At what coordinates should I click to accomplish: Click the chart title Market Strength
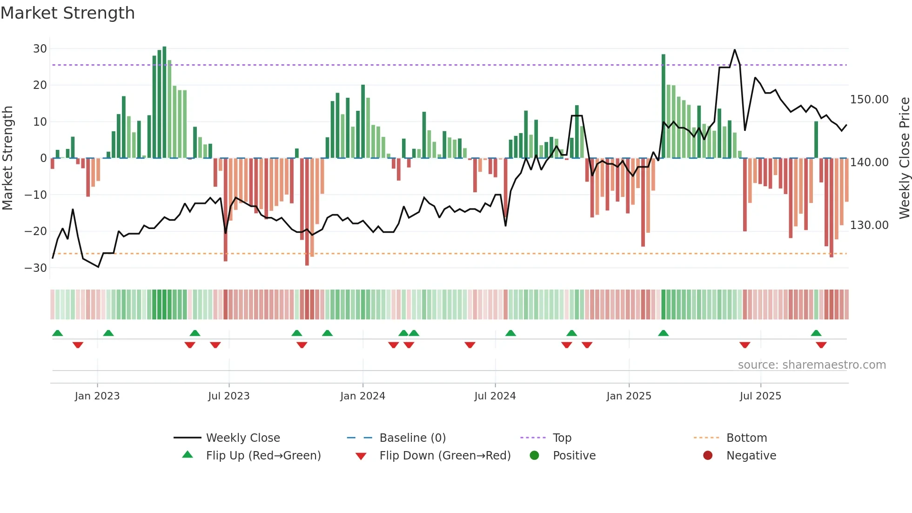(67, 13)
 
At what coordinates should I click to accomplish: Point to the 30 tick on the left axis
(40, 49)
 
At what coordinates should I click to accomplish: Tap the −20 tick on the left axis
(36, 231)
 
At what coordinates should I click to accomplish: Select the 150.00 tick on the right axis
(869, 100)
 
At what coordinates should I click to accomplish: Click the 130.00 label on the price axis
(869, 225)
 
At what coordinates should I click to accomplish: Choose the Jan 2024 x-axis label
(362, 396)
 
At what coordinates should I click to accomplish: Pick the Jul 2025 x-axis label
(760, 396)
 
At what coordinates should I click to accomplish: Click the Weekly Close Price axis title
(904, 158)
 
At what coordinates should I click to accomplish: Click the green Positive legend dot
(534, 456)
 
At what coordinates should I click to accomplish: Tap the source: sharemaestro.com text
(811, 365)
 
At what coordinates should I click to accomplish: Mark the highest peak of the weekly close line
(735, 50)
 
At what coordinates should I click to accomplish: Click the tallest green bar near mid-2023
(164, 102)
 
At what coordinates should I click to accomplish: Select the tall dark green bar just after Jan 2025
(663, 106)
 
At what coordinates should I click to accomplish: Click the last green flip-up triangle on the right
(816, 333)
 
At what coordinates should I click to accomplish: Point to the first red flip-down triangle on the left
(78, 345)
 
